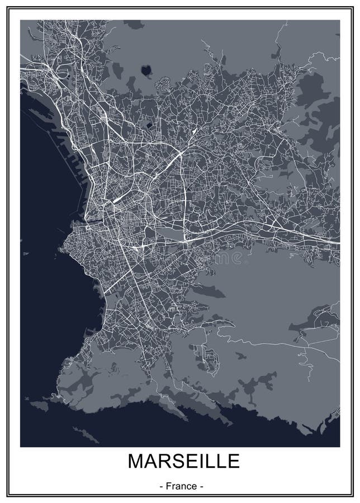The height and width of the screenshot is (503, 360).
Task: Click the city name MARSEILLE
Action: (x=183, y=461)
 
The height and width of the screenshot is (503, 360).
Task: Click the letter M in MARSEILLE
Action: (x=137, y=461)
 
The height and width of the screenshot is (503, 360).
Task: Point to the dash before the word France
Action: (x=162, y=486)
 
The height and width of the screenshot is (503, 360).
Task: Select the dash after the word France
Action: (x=202, y=486)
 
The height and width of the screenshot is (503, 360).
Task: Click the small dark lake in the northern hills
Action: (x=146, y=70)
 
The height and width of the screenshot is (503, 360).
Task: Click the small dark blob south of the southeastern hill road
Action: (x=241, y=355)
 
